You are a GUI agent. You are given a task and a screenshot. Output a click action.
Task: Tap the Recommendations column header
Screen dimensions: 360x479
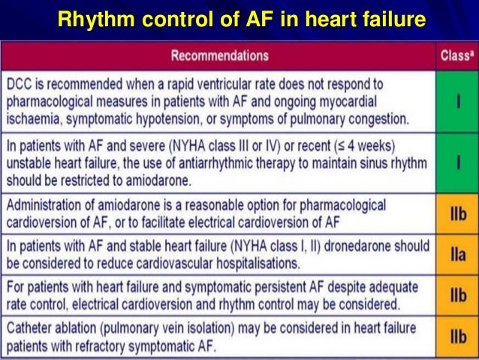220,56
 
